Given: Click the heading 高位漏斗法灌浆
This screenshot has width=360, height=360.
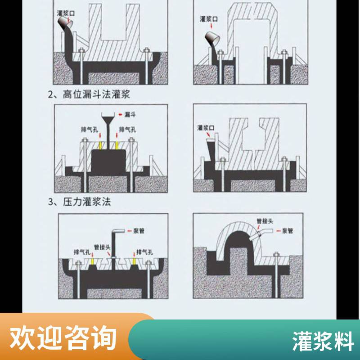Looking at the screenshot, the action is [96, 94].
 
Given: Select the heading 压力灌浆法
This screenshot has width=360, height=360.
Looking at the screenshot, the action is [87, 202].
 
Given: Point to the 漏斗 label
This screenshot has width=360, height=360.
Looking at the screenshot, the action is [130, 114].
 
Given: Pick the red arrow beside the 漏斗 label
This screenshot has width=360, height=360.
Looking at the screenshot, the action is [120, 114].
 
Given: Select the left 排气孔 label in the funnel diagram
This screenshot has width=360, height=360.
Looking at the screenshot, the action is [90, 130].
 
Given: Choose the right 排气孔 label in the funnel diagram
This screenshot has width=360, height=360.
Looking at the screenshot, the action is [128, 130].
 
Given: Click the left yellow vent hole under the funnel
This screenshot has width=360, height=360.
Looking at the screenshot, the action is [100, 145].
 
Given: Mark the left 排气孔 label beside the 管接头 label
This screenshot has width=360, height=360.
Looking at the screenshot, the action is [82, 252].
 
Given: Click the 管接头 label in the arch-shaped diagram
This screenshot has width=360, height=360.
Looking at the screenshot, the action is [265, 221].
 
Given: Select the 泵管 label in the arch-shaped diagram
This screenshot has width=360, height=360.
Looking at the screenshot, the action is [287, 230].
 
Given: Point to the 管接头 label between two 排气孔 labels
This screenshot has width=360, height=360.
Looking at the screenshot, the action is [103, 247].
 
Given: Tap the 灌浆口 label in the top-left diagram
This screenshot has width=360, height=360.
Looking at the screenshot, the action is [66, 13].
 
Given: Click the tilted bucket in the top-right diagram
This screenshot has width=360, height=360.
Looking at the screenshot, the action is [212, 38].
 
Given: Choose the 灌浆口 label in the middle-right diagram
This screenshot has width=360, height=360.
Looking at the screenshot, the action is [206, 128].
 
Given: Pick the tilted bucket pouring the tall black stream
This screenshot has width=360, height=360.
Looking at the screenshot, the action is [65, 22].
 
